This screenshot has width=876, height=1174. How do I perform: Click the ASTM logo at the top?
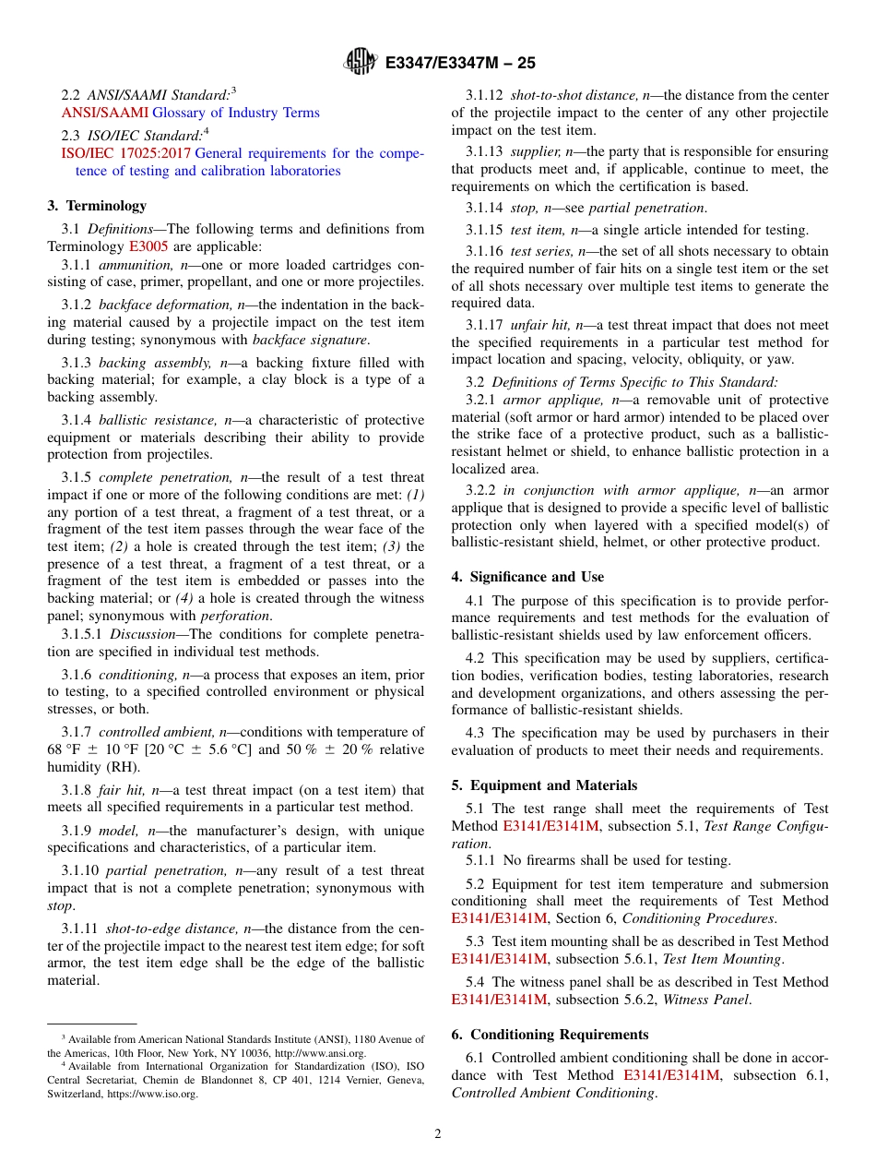coord(360,62)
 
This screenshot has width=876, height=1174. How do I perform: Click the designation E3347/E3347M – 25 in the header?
coord(460,63)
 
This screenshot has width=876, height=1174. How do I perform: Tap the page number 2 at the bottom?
coord(438,1133)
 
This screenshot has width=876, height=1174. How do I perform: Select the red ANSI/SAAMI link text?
coord(104,113)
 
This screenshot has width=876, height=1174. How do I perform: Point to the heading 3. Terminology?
coord(97,206)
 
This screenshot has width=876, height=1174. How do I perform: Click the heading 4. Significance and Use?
coord(527,577)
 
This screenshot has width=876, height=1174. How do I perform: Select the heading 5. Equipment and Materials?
coord(544,785)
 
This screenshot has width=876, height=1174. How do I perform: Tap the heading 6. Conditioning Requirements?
coord(550,1034)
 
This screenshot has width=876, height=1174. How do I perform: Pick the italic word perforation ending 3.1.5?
coord(235,616)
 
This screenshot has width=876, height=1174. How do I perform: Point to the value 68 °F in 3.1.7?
coord(65,749)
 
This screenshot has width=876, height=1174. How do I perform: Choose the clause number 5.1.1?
coord(482,860)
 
